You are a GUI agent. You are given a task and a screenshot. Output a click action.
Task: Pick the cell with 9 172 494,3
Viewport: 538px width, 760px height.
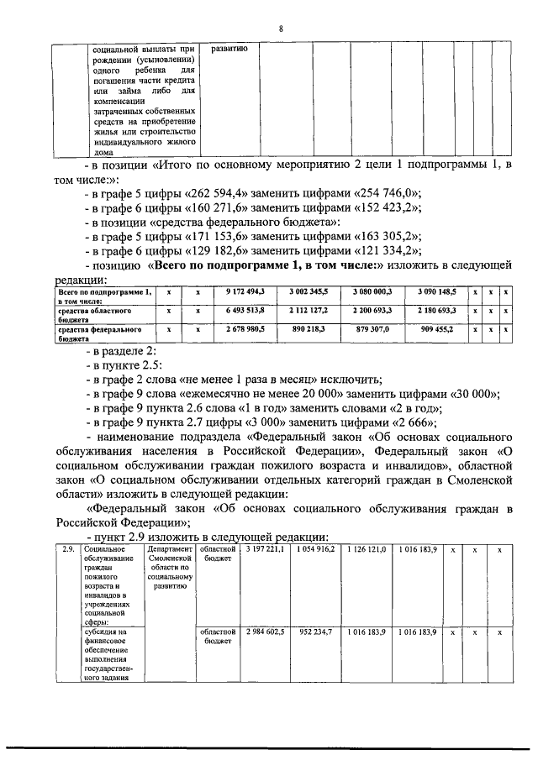(245, 291)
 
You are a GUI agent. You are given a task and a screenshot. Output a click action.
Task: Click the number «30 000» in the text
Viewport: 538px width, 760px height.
(476, 394)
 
